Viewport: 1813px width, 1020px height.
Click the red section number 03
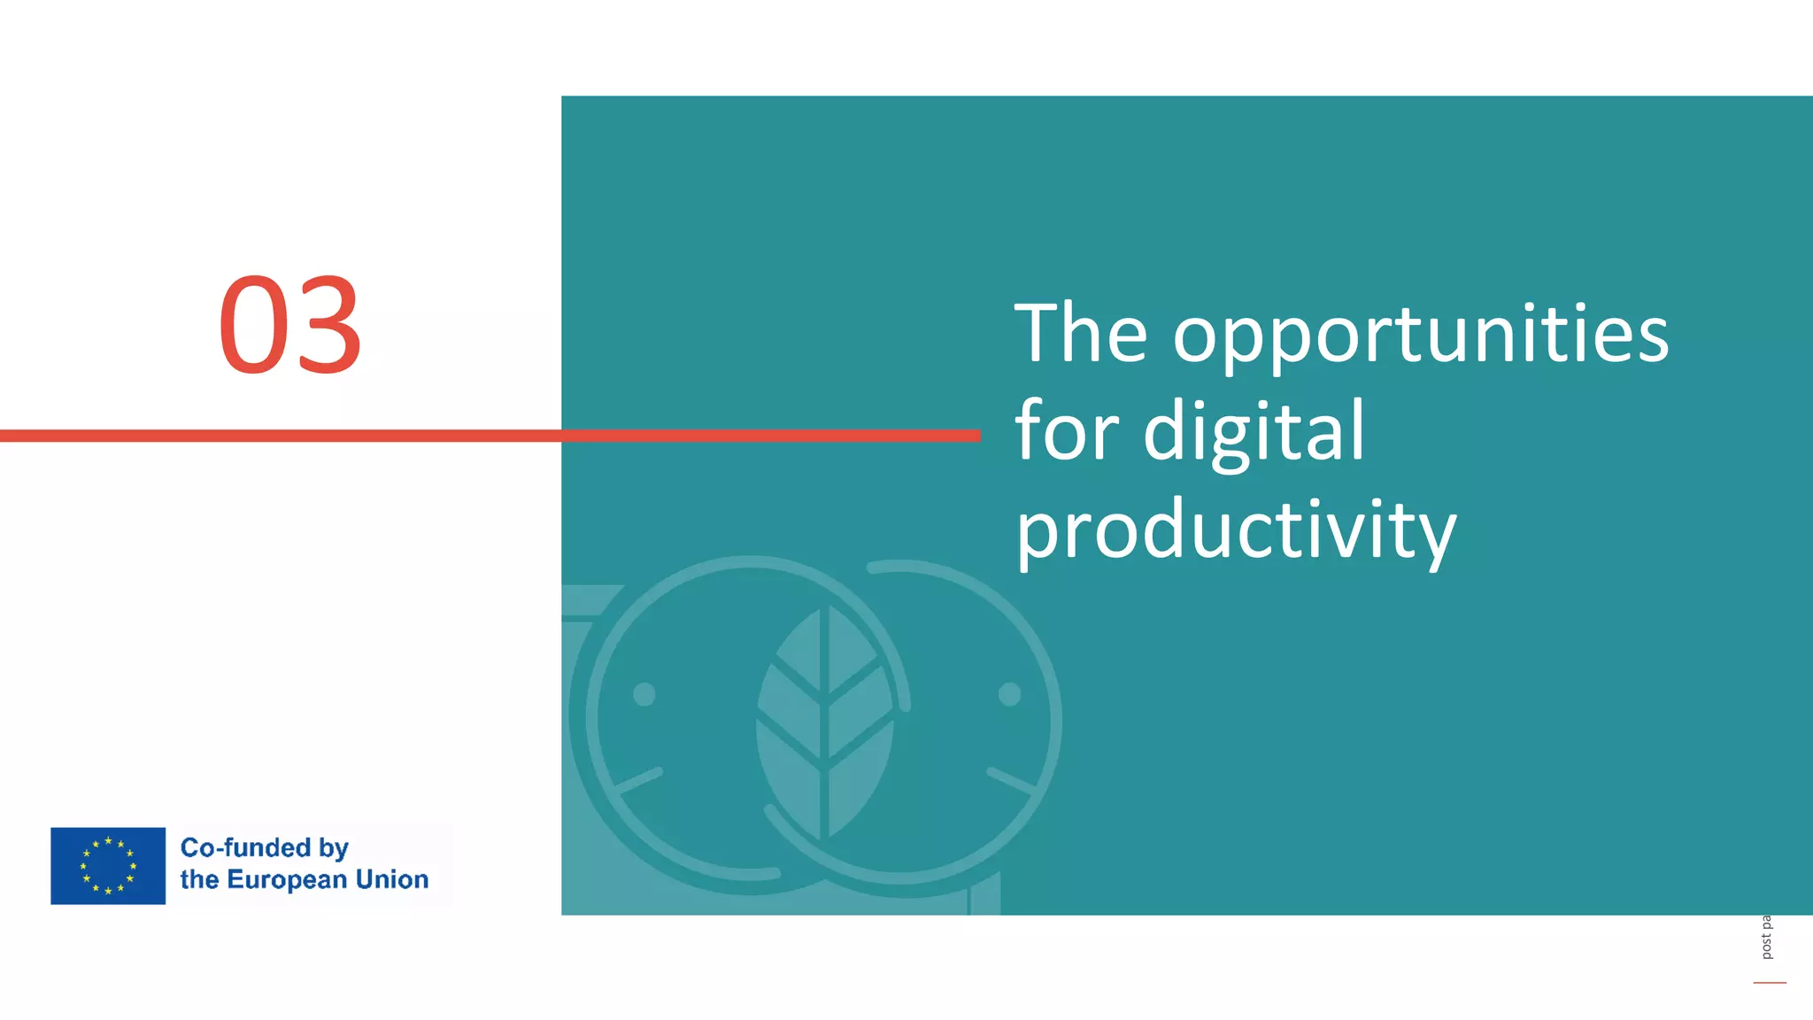click(x=290, y=325)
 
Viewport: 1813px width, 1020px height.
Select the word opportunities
click(x=1420, y=337)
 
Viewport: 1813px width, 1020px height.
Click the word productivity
click(x=1235, y=530)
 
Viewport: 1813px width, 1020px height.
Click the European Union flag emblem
click(x=108, y=866)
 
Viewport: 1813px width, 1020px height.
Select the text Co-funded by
click(x=264, y=848)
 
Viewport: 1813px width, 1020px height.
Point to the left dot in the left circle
click(x=644, y=694)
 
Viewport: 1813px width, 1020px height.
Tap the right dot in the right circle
click(x=1009, y=694)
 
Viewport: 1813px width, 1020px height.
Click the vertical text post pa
click(x=1766, y=938)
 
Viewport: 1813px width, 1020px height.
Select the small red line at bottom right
click(x=1770, y=982)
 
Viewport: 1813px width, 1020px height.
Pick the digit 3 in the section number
click(x=328, y=325)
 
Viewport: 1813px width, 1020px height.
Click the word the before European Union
click(x=199, y=879)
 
